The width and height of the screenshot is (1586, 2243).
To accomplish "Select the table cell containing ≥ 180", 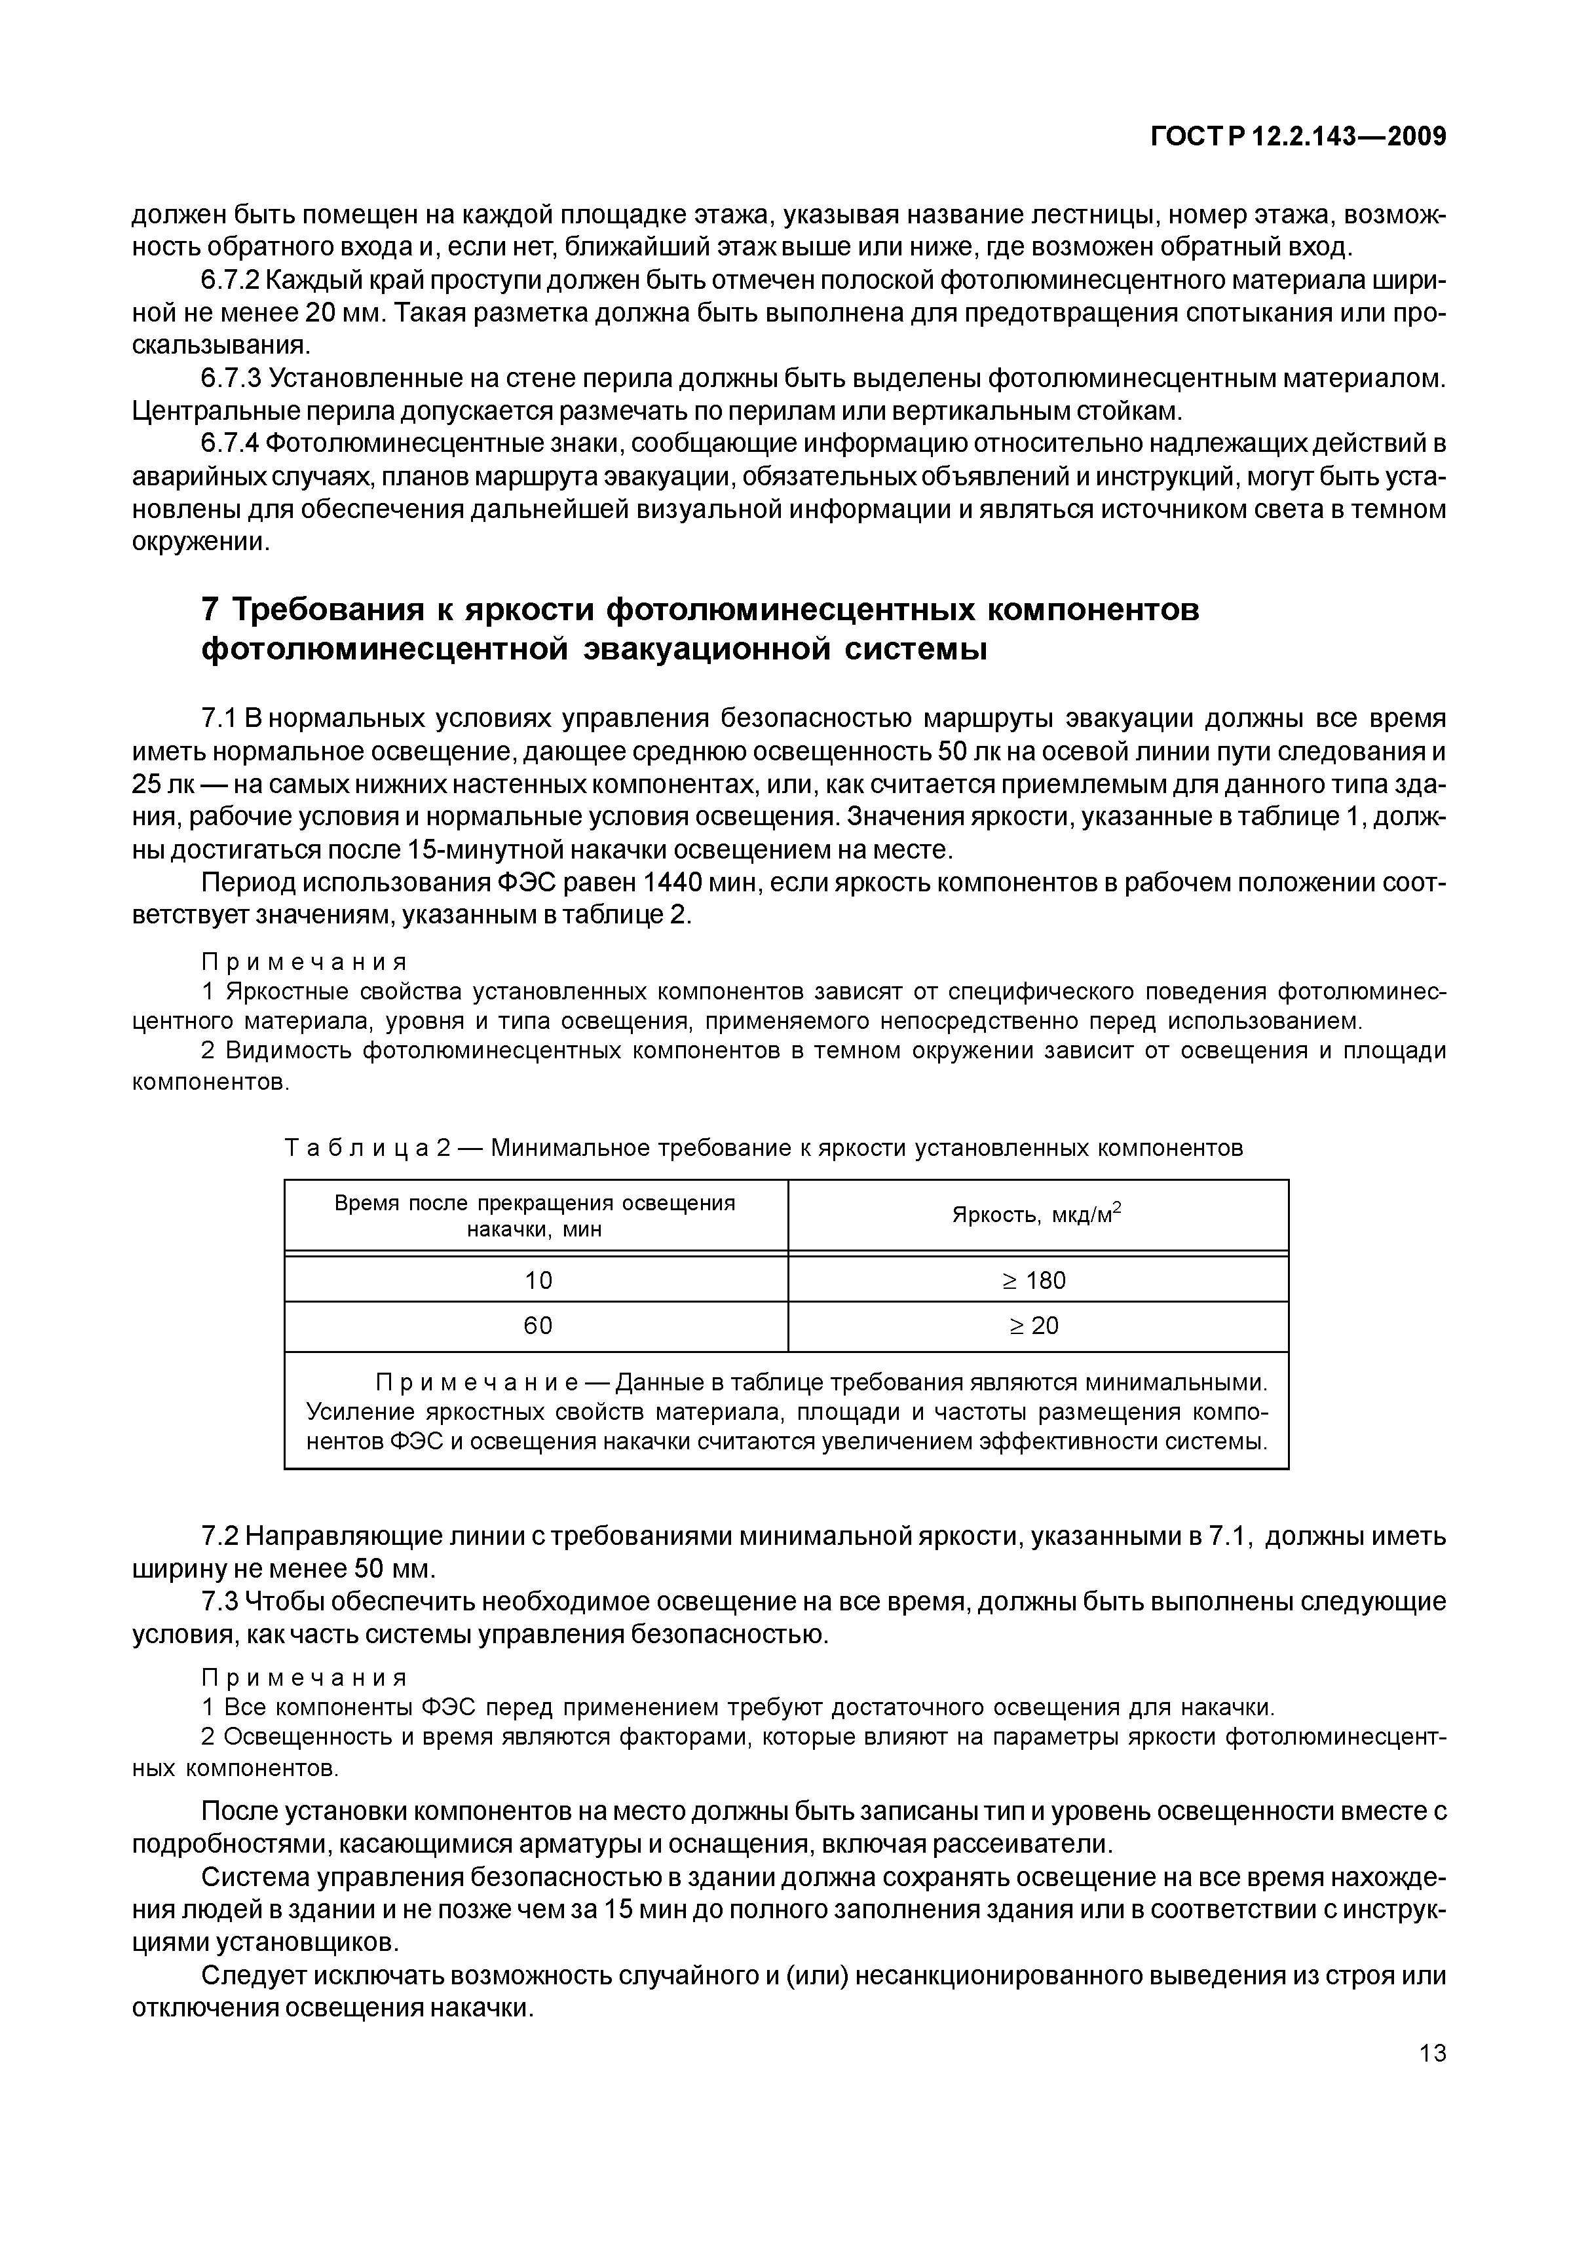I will click(x=1037, y=1280).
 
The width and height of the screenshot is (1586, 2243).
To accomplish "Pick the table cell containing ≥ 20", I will click(x=1037, y=1325).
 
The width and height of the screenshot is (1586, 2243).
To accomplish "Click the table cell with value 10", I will click(x=537, y=1280).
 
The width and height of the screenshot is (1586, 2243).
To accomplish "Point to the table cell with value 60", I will click(x=537, y=1325).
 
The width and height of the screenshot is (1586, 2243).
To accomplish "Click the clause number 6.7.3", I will click(x=231, y=378).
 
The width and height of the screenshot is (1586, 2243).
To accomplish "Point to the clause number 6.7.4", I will click(x=231, y=443).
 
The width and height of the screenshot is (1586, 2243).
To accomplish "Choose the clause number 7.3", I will click(x=219, y=1602).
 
